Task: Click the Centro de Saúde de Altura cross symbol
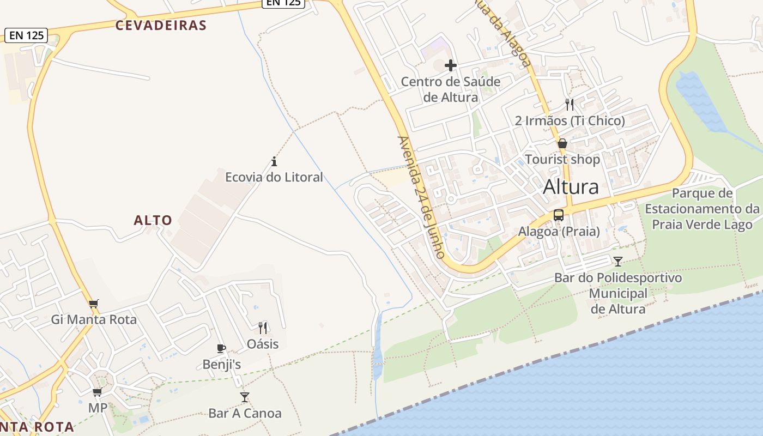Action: coord(450,65)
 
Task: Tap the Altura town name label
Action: coord(571,187)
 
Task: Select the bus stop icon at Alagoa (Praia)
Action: coord(559,215)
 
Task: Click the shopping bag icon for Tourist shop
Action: coord(562,144)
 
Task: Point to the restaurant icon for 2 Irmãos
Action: coord(570,104)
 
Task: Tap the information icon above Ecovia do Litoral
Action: coord(274,161)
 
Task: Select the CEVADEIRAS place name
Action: coord(161,25)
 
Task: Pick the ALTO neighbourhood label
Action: coord(153,220)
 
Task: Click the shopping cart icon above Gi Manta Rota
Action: coord(94,304)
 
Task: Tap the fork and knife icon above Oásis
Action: coord(263,328)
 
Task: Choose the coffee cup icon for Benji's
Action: coord(221,348)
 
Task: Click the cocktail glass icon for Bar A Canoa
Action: coord(245,397)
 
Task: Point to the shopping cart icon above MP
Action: coord(98,392)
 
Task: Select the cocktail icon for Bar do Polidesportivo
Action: coord(617,261)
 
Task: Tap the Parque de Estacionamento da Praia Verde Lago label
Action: coord(702,209)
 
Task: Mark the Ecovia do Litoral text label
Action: coord(274,177)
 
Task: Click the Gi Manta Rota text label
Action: coord(94,319)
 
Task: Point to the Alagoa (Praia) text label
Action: coord(559,232)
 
